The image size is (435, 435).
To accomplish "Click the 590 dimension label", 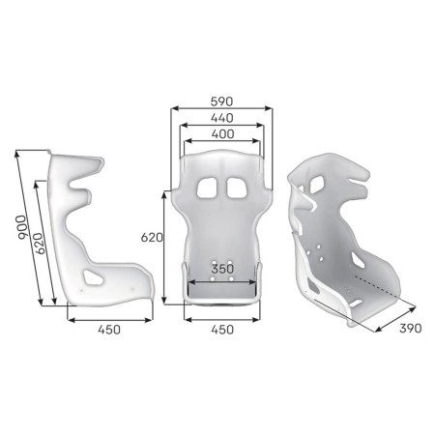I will click(x=221, y=100).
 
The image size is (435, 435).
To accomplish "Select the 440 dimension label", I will click(x=221, y=118).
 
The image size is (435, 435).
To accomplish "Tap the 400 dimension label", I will click(x=221, y=135).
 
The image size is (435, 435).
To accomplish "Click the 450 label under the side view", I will click(x=109, y=331).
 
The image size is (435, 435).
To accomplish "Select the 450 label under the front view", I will click(x=222, y=331).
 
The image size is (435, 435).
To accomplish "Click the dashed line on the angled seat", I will click(x=373, y=285).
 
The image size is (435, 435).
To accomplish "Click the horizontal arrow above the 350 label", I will click(x=222, y=281).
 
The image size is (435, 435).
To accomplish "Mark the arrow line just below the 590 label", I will click(x=221, y=109).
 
